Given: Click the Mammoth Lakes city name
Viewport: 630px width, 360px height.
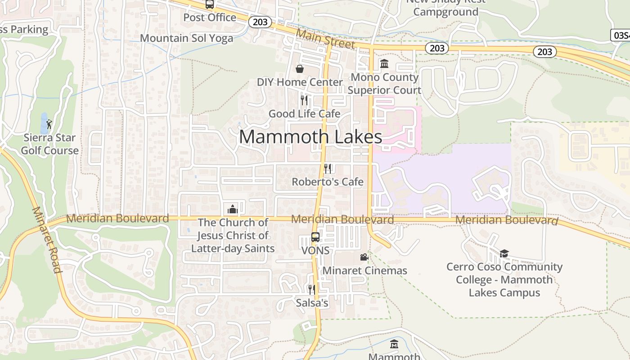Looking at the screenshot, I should click(x=310, y=136).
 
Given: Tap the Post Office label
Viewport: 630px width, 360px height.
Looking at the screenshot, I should click(x=210, y=18).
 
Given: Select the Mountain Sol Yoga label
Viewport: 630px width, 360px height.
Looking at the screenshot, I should click(x=187, y=38).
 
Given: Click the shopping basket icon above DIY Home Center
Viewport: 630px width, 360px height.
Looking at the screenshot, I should click(x=299, y=69).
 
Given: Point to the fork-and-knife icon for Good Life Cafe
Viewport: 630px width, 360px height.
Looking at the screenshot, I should click(x=304, y=100).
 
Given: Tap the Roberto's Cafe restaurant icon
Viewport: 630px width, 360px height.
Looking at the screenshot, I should click(x=328, y=169).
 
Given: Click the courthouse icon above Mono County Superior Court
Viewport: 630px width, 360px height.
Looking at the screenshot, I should click(x=384, y=64).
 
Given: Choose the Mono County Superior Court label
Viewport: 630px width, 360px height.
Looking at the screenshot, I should click(x=384, y=84).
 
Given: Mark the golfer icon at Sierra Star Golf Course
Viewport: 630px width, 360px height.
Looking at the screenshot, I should click(x=49, y=124).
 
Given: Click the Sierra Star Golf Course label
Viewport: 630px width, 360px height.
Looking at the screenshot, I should click(x=49, y=144).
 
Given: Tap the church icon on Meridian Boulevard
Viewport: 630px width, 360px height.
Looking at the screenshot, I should click(x=233, y=209).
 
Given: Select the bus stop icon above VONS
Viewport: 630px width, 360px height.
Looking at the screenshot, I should click(x=315, y=237).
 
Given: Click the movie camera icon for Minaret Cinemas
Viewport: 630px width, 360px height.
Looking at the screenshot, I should click(x=364, y=257).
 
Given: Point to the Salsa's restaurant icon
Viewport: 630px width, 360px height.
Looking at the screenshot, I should click(x=311, y=289).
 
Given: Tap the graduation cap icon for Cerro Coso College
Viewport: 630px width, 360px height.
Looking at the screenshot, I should click(x=504, y=254).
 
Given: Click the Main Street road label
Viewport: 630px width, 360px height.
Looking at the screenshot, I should click(x=325, y=39).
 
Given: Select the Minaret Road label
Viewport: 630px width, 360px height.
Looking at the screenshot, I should click(x=46, y=240).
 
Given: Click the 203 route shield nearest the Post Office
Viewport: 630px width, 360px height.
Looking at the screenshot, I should click(x=260, y=22).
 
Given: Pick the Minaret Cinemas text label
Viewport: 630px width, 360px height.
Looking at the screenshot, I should click(x=365, y=270).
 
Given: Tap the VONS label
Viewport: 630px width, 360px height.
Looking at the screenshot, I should click(x=315, y=250).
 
